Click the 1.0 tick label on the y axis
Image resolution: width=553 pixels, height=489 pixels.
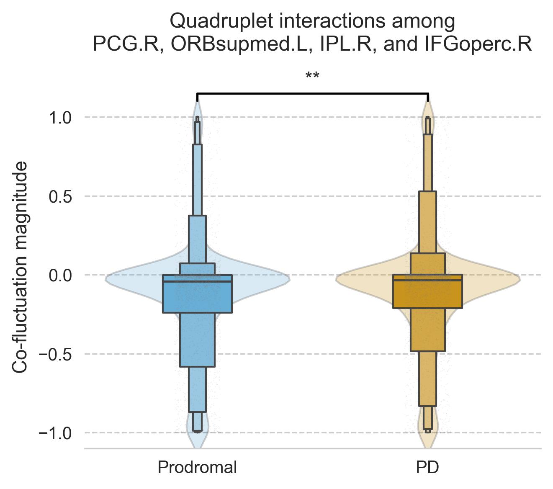tap(61, 117)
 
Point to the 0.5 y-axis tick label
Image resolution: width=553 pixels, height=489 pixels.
tap(61, 196)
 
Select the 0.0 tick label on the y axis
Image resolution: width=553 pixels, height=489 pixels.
tap(61, 275)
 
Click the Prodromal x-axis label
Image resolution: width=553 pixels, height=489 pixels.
tap(197, 467)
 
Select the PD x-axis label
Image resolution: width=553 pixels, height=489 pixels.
tap(427, 467)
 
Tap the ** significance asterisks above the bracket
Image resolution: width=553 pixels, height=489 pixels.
tap(312, 76)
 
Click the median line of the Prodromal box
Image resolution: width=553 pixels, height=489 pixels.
tap(197, 282)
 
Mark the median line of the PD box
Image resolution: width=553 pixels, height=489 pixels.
tap(427, 280)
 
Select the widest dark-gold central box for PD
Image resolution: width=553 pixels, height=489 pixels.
tap(427, 295)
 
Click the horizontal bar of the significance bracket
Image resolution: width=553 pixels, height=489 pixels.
tap(312, 93)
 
